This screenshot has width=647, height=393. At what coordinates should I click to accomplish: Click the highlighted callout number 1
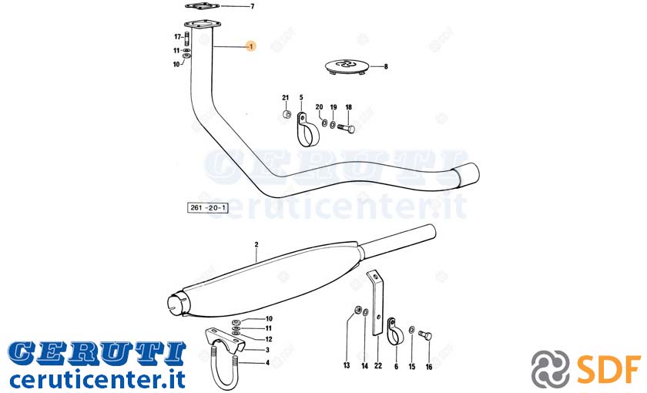(x=251, y=46)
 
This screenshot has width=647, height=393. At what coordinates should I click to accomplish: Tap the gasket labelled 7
(x=202, y=6)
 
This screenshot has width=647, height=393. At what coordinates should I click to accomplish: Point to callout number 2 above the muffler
(x=256, y=244)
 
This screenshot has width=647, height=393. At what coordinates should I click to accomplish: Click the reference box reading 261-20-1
(x=208, y=207)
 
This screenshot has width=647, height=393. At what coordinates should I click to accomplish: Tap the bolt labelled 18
(x=346, y=129)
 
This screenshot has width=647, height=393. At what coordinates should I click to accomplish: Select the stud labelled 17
(x=186, y=39)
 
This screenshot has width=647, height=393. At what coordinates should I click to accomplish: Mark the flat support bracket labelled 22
(x=377, y=303)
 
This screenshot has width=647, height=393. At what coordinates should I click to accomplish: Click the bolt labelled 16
(x=425, y=335)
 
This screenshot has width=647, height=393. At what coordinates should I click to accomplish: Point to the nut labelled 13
(x=357, y=310)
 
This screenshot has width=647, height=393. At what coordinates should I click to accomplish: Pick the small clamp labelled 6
(x=393, y=331)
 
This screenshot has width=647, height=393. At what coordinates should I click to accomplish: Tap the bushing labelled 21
(x=287, y=114)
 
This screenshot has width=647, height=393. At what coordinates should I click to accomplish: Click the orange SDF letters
(x=608, y=368)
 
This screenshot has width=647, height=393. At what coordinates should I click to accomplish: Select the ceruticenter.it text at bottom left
(x=97, y=379)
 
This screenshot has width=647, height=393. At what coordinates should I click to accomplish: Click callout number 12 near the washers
(x=269, y=339)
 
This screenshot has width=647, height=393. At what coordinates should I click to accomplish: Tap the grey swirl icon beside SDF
(x=551, y=368)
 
